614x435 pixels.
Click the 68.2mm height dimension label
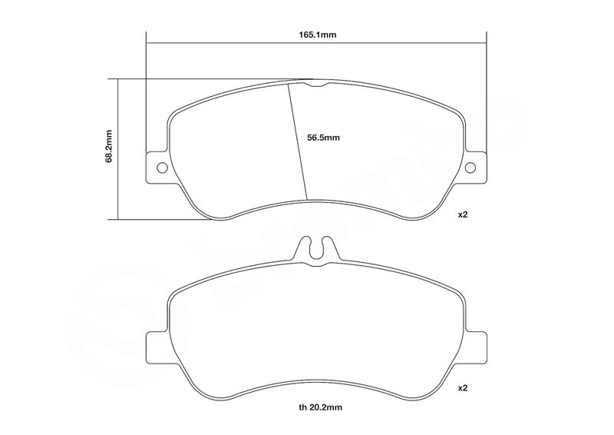click(109, 146)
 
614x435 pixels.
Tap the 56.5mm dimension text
click(323, 138)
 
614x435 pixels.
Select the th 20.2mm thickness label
click(320, 407)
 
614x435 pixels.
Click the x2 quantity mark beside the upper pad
click(464, 214)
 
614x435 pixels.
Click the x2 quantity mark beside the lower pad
click(464, 388)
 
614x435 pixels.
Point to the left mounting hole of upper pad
click(162, 168)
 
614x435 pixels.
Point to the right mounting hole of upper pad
click(470, 168)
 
